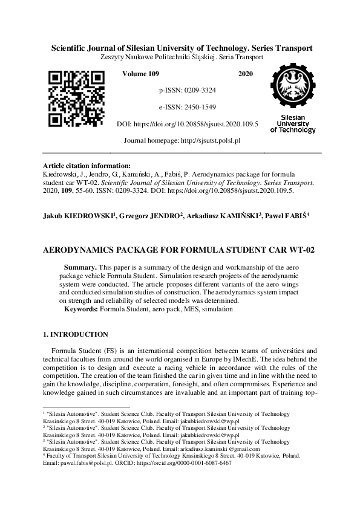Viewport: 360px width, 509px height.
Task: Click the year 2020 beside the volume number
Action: point(246,74)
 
